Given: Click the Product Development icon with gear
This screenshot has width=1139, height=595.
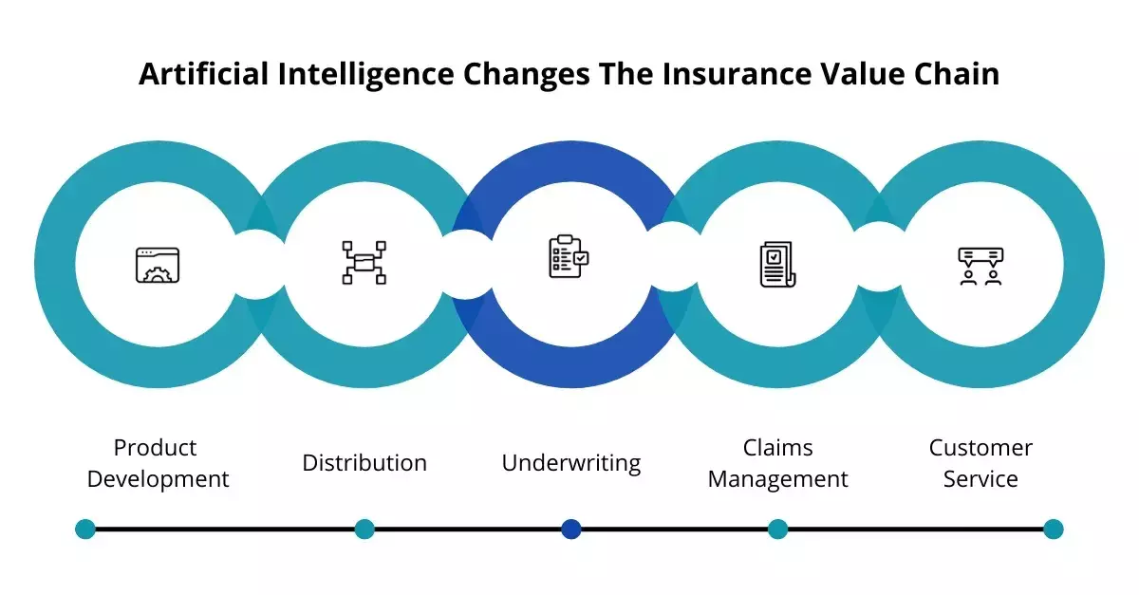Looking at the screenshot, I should (158, 265).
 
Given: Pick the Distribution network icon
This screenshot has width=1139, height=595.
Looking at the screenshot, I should (364, 262).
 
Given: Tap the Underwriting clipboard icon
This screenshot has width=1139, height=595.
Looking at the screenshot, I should (569, 257).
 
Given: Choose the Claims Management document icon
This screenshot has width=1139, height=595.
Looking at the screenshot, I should (777, 265).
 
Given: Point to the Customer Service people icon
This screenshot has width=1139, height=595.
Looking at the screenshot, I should (980, 266).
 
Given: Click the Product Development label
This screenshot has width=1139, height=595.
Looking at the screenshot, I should (158, 463).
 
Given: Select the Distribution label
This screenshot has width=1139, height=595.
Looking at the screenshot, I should (364, 463).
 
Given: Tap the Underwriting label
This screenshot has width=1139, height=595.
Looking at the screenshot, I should (570, 463).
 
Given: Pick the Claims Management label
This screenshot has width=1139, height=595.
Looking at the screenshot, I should (777, 463).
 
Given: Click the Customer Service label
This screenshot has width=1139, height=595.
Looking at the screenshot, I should (980, 463).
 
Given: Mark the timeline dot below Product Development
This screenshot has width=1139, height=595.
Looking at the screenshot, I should (85, 529).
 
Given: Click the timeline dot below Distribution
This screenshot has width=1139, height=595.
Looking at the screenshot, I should (364, 529).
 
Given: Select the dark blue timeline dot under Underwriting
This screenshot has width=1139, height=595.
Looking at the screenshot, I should (570, 529).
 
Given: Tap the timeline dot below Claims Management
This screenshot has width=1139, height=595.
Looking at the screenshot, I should (777, 529).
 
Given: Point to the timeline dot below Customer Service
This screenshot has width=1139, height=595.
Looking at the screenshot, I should (1053, 529).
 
